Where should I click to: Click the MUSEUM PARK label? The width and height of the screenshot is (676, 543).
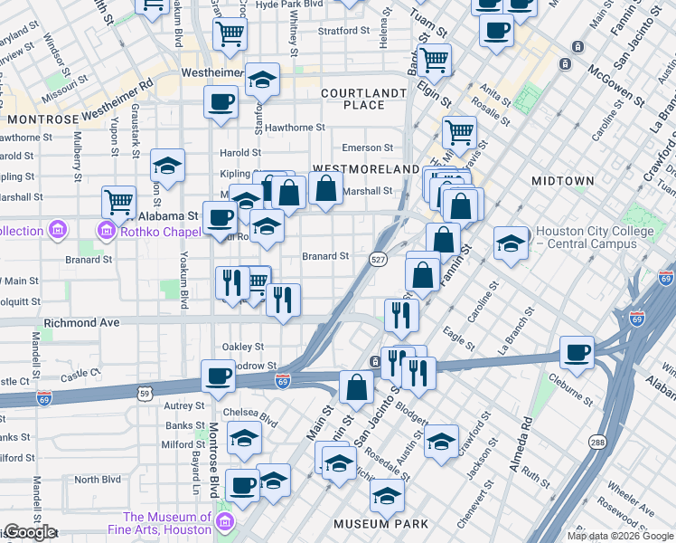tap(374, 524)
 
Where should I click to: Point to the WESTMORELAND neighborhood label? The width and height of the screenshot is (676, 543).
tap(356, 169)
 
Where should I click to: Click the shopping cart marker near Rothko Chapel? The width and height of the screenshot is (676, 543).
tap(118, 200)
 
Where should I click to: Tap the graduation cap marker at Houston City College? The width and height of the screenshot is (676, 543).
tap(511, 243)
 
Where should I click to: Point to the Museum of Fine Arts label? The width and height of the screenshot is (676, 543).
tap(167, 523)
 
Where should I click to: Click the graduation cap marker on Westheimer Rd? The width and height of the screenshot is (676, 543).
tap(262, 81)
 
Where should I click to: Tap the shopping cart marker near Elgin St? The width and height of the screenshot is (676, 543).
tap(436, 60)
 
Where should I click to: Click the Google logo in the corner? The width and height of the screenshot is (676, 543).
tap(29, 532)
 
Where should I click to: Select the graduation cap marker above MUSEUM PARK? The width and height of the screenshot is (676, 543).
tap(387, 496)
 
